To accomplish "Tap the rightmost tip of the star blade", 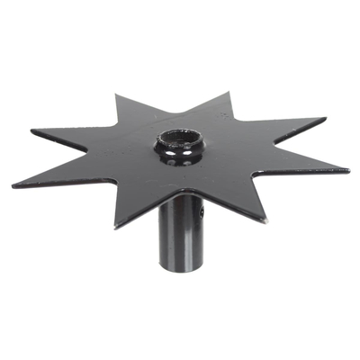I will coord(347,170).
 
